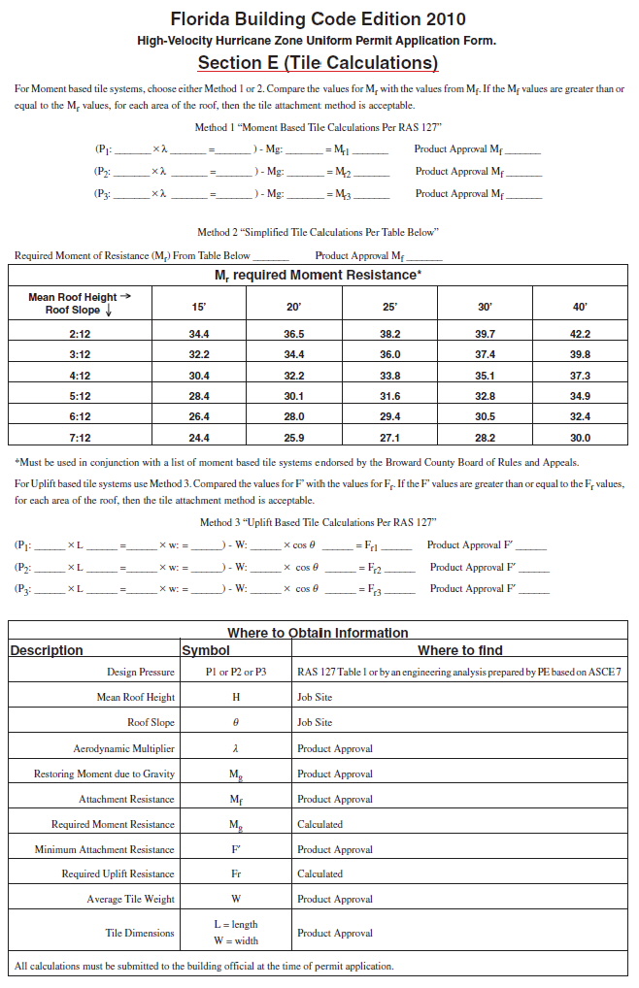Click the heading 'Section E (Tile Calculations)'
[319, 64]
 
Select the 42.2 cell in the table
[580, 334]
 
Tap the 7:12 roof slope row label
[80, 438]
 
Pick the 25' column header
[389, 306]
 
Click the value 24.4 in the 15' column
[199, 438]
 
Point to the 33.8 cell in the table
[389, 376]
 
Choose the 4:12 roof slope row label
[80, 376]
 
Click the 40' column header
[580, 306]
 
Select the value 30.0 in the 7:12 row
[580, 438]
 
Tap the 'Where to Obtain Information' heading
[318, 633]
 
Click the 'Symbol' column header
[206, 650]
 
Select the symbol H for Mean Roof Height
[236, 698]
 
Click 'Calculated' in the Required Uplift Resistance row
[319, 873]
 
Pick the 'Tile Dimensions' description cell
[140, 933]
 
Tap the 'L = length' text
[236, 924]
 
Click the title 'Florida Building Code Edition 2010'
[318, 19]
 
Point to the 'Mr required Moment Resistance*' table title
[318, 276]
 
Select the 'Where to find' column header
[460, 650]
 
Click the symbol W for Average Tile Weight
[236, 899]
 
